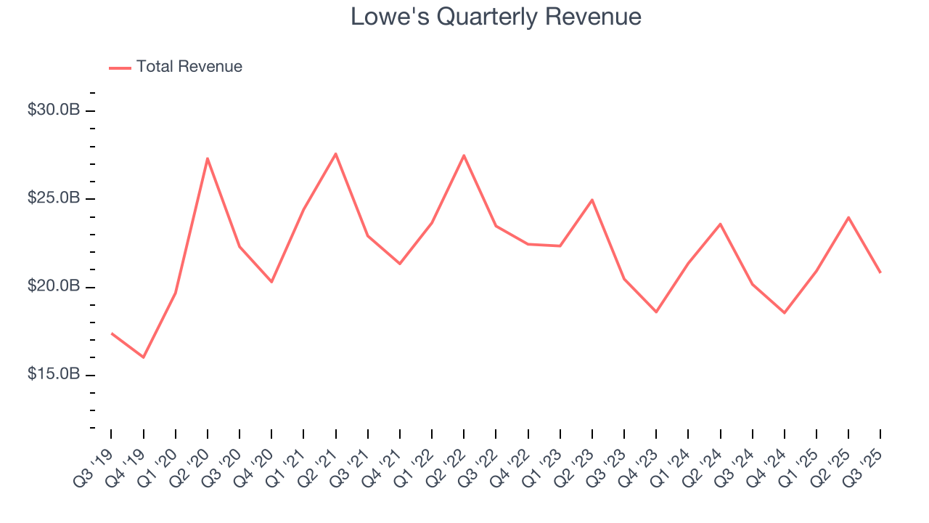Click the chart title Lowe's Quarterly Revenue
point(496,17)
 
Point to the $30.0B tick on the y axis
point(54,110)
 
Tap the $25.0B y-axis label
point(54,198)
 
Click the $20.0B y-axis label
point(54,287)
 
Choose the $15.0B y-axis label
point(54,375)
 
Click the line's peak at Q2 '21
point(335,153)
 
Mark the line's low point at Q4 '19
point(144,357)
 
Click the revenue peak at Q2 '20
point(208,158)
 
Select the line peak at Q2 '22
point(464,155)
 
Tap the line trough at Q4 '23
point(656,312)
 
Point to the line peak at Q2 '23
point(592,200)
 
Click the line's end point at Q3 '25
point(880,272)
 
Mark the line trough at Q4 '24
point(785,313)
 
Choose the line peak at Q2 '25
point(848,217)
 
